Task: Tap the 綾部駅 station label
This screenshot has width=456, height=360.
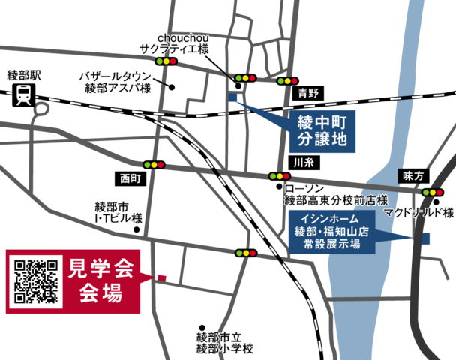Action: coord(25,75)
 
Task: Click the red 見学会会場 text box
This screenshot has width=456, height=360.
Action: coord(101,280)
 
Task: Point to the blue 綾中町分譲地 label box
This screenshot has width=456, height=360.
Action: coord(322,130)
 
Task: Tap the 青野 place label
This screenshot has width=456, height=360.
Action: coord(308,93)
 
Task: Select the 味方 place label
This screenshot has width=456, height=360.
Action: coord(413,175)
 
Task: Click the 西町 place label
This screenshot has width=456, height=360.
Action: coord(130,178)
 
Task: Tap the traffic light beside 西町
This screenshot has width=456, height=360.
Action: coord(154,164)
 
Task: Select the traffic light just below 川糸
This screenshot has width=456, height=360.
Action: coord(278,176)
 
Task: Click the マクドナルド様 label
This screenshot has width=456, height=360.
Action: coord(419,214)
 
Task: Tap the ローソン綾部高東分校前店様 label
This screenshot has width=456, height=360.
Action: coord(334,196)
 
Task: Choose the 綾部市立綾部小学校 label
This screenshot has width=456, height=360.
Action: coord(225,343)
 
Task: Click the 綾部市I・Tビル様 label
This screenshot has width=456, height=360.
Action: coord(118,212)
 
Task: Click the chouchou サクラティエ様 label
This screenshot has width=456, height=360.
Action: coord(183,43)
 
